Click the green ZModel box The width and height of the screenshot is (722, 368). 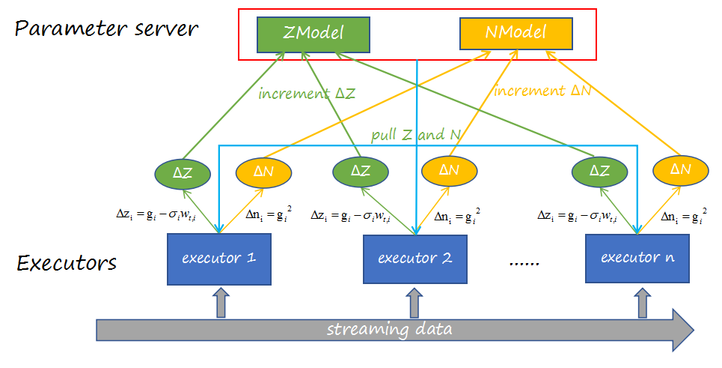(x=313, y=34)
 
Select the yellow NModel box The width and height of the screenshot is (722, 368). (x=516, y=33)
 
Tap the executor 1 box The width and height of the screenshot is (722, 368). (x=218, y=258)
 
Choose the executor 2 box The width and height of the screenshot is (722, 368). (x=414, y=259)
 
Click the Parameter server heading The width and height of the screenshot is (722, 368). (x=106, y=29)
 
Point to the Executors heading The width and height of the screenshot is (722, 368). (x=67, y=263)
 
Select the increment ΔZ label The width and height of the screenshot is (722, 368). (x=308, y=94)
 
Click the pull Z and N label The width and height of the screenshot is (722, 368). (x=416, y=135)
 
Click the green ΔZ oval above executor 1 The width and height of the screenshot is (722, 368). (x=182, y=172)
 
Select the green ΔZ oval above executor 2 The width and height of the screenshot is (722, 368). (x=361, y=171)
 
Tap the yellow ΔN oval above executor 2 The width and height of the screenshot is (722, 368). (x=449, y=171)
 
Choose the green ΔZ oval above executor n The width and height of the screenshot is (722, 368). (x=600, y=171)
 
